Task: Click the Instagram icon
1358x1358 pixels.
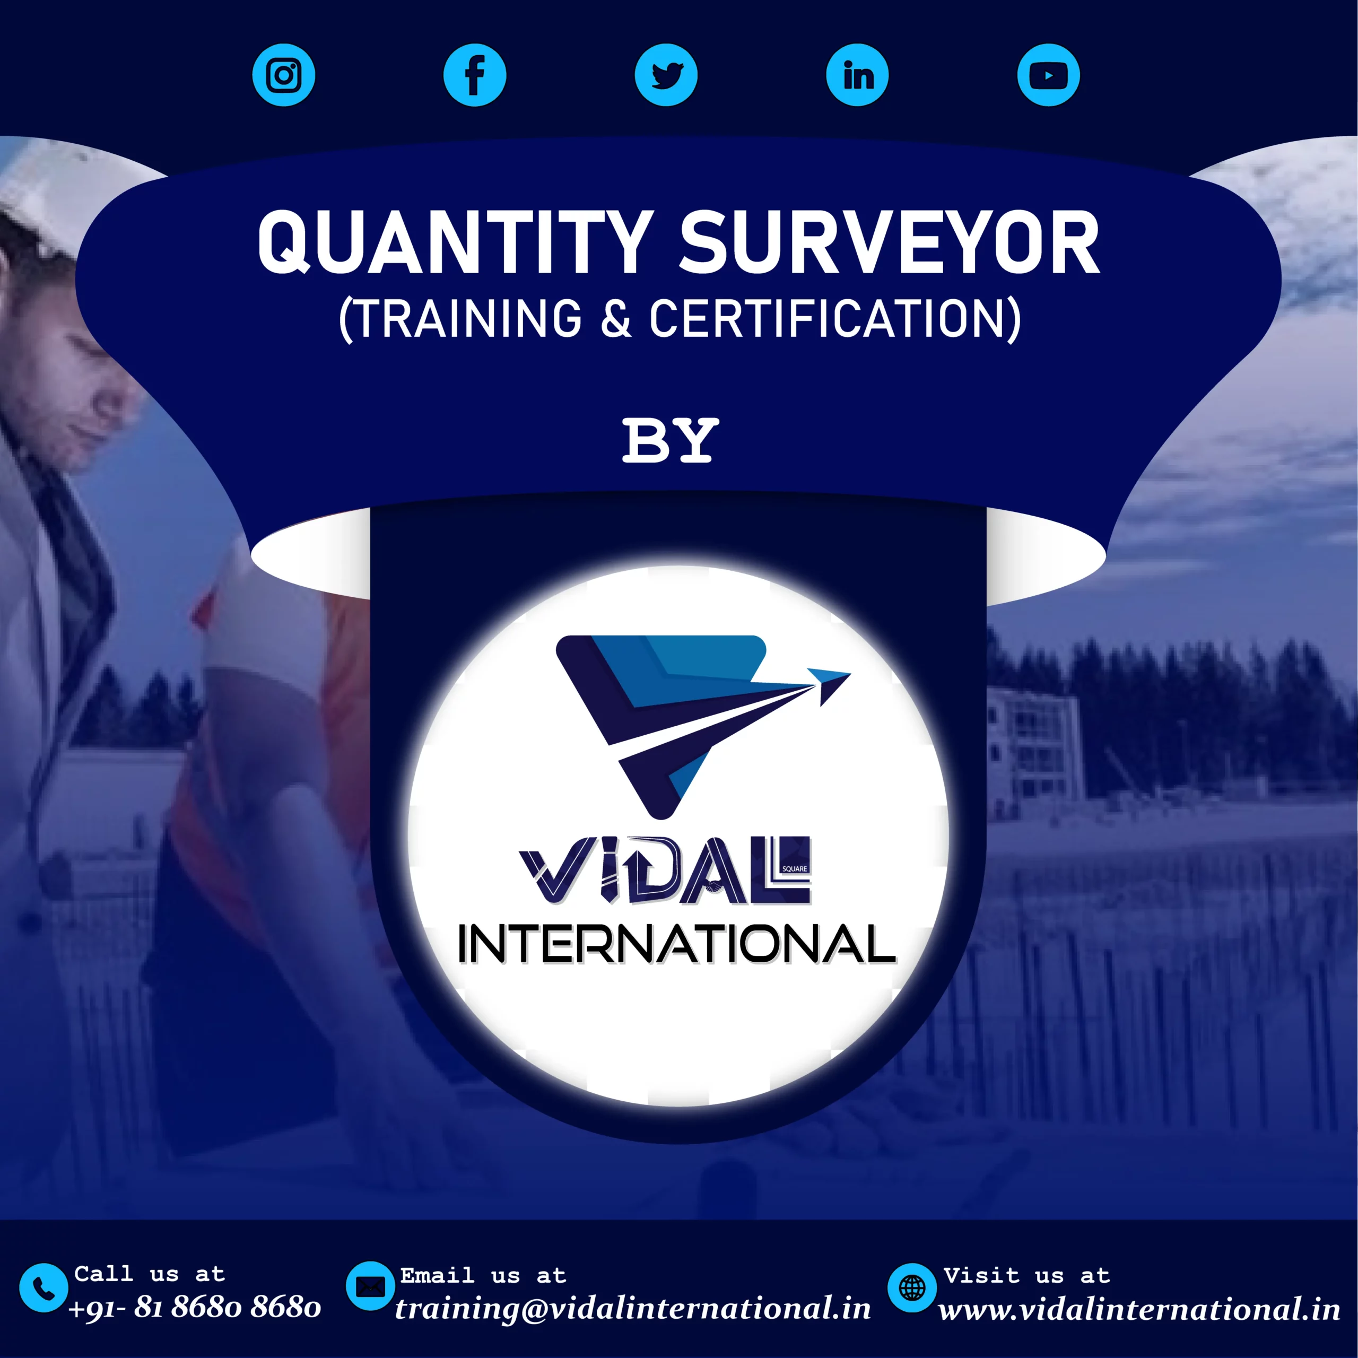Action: tap(283, 75)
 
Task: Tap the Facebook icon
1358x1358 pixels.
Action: tap(475, 75)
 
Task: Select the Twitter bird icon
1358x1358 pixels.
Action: tap(666, 75)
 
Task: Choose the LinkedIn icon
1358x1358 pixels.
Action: tap(858, 75)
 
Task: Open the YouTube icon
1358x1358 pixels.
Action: tap(1049, 75)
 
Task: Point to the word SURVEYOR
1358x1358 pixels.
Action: tap(889, 242)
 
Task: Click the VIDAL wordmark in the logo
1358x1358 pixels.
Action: tap(665, 870)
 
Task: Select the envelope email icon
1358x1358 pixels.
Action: tap(370, 1286)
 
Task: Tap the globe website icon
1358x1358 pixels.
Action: tap(912, 1287)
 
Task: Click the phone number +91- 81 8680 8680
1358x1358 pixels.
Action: tap(195, 1307)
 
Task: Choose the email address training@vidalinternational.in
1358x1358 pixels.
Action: tap(633, 1309)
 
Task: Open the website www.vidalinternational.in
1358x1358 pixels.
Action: tap(1139, 1310)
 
